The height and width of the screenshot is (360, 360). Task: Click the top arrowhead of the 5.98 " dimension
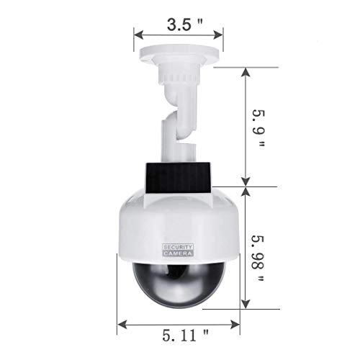pos(248,192)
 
